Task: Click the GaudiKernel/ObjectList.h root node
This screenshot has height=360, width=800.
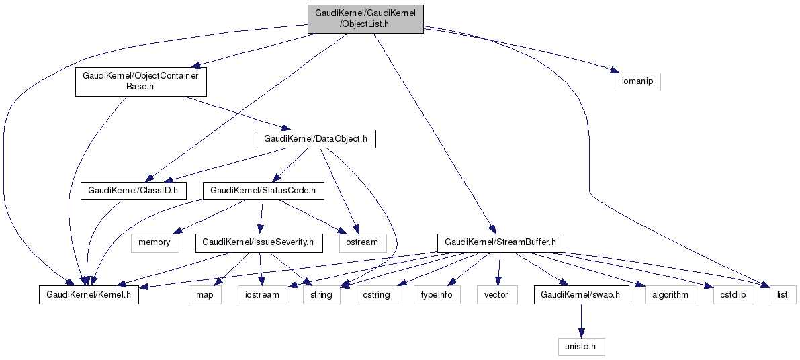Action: [x=365, y=19]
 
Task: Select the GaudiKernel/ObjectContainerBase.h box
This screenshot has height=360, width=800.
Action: [x=140, y=81]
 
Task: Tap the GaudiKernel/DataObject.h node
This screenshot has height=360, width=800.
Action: [x=316, y=139]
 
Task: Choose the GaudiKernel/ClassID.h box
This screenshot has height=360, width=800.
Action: [x=133, y=191]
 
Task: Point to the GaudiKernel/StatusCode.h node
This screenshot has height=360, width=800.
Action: [x=263, y=191]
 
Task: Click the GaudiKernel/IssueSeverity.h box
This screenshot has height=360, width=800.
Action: [x=259, y=242]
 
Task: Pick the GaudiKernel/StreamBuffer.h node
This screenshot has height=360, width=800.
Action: [x=500, y=242]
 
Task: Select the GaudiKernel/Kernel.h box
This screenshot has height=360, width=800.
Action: [x=89, y=294]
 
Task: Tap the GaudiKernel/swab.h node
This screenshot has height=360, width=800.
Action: [x=581, y=294]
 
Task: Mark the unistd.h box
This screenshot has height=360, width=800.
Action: [x=581, y=346]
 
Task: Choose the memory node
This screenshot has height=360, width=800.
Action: [x=154, y=242]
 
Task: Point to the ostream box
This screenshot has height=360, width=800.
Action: [x=363, y=242]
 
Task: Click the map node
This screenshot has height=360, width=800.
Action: [x=204, y=294]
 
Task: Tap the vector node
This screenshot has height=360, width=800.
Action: [x=496, y=294]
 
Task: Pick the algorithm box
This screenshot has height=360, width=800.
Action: [x=670, y=294]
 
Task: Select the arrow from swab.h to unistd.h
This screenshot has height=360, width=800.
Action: [x=581, y=320]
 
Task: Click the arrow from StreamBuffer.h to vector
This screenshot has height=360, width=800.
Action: [x=498, y=268]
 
